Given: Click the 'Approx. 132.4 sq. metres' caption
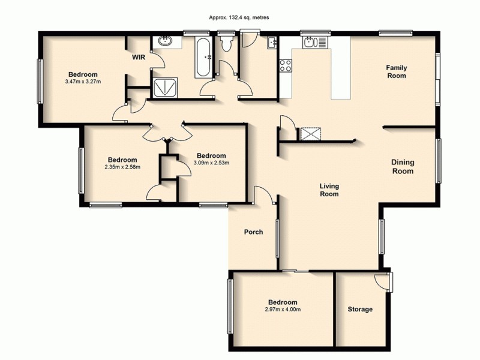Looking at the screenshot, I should coord(239,18).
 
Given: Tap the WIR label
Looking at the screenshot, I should coord(140,58).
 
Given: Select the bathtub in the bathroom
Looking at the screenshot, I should coord(203,57).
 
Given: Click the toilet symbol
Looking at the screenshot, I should coord(226,44).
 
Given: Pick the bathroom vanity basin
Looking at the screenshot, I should coord(164,42).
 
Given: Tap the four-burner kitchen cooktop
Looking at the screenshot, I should coord(284,65).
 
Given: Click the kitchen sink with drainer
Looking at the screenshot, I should coord(314,43).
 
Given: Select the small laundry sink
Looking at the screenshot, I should coord(272,42).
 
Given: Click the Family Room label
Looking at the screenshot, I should coord(396,72).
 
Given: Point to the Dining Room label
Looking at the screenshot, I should coord(403,166).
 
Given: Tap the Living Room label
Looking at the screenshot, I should coord(329,190).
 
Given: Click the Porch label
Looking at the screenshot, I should coord(253,232).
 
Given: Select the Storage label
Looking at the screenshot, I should coord(360,309).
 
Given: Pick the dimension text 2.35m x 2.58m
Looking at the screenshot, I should coord(122,167).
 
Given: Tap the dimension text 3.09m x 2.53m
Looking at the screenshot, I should coord(211,162).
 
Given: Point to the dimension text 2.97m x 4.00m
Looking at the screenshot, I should coord(282,310).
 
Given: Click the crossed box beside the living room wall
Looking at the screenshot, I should coord(310,133).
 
